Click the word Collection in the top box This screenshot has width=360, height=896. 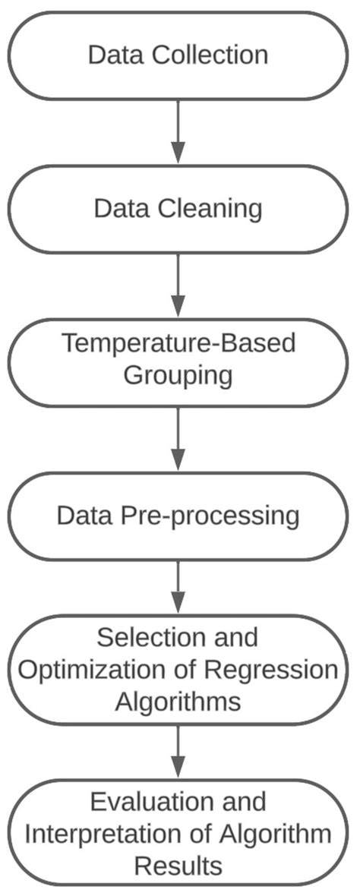210,55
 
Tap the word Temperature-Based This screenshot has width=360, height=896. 178,344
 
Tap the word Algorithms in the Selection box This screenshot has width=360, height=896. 178,701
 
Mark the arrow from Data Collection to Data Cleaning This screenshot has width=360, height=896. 178,131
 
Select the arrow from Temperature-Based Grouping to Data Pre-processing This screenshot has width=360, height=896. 178,438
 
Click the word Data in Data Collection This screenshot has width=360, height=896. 115,55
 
